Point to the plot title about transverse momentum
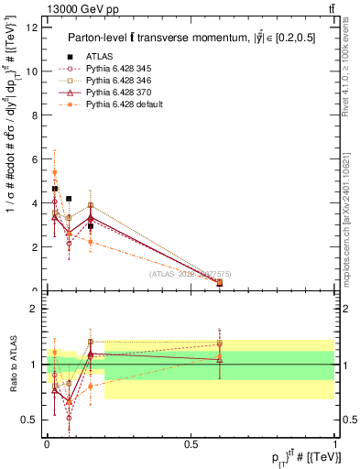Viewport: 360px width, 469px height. [x=192, y=38]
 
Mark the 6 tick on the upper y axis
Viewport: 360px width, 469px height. [x=35, y=159]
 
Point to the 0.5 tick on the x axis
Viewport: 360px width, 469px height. [x=191, y=444]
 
